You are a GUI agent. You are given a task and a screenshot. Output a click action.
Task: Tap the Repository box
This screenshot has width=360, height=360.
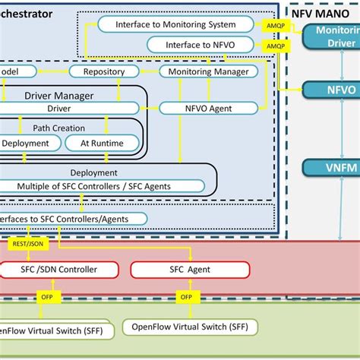pyautogui.click(x=104, y=71)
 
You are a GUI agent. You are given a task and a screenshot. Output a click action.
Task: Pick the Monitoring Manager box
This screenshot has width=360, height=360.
pyautogui.click(x=207, y=71)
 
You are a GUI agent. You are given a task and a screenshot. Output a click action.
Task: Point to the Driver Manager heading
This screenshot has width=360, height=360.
pyautogui.click(x=59, y=95)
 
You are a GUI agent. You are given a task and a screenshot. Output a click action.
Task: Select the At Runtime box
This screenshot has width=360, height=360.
pyautogui.click(x=101, y=142)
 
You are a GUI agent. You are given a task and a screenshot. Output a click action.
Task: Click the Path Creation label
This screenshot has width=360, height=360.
pyautogui.click(x=58, y=128)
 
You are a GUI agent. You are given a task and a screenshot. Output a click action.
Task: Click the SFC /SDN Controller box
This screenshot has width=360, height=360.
pyautogui.click(x=59, y=270)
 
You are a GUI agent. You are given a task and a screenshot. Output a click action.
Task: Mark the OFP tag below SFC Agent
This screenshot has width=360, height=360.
pyautogui.click(x=185, y=297)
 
